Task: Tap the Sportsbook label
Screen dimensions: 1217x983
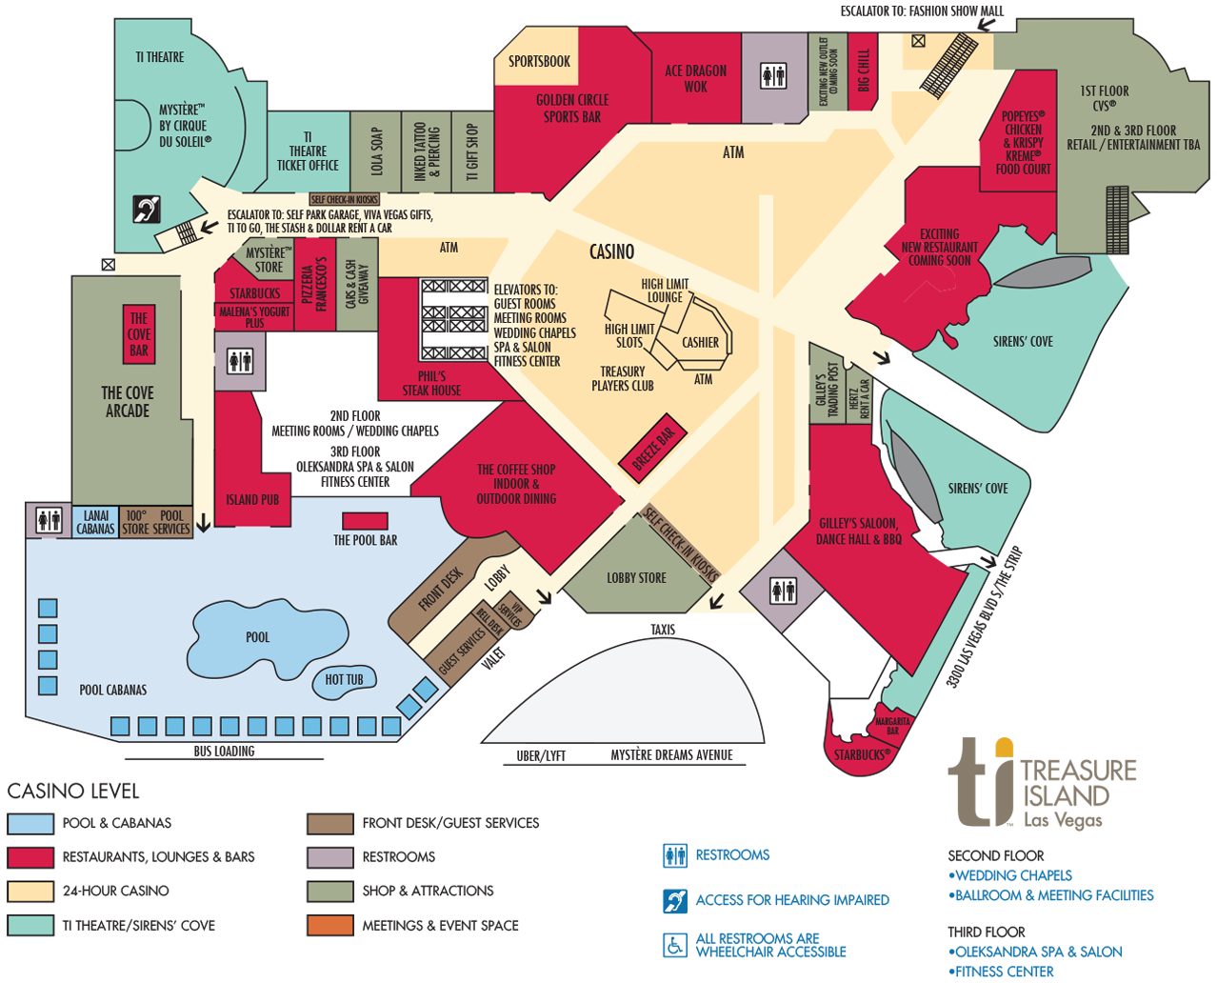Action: pos(539,62)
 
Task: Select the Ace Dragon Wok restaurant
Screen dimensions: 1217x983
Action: pos(695,78)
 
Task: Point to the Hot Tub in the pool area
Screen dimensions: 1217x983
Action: pos(344,679)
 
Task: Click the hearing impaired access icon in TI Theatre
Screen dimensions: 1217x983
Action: pos(146,209)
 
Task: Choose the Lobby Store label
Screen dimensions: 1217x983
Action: pos(636,578)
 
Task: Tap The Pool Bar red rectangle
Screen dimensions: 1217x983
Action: pos(365,521)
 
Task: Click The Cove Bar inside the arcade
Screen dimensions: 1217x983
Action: pos(139,334)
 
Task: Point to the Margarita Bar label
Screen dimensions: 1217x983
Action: pos(892,726)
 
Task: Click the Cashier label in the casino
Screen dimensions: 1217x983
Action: pos(700,343)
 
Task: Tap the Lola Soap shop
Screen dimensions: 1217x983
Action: pos(375,151)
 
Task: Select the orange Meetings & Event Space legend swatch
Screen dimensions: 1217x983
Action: pos(329,925)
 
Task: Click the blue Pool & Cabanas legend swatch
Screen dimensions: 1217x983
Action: pos(30,823)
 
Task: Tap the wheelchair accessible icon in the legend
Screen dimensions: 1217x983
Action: pos(675,945)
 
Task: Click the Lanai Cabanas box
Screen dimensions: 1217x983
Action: pos(95,522)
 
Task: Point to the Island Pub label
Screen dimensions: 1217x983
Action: pos(252,500)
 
